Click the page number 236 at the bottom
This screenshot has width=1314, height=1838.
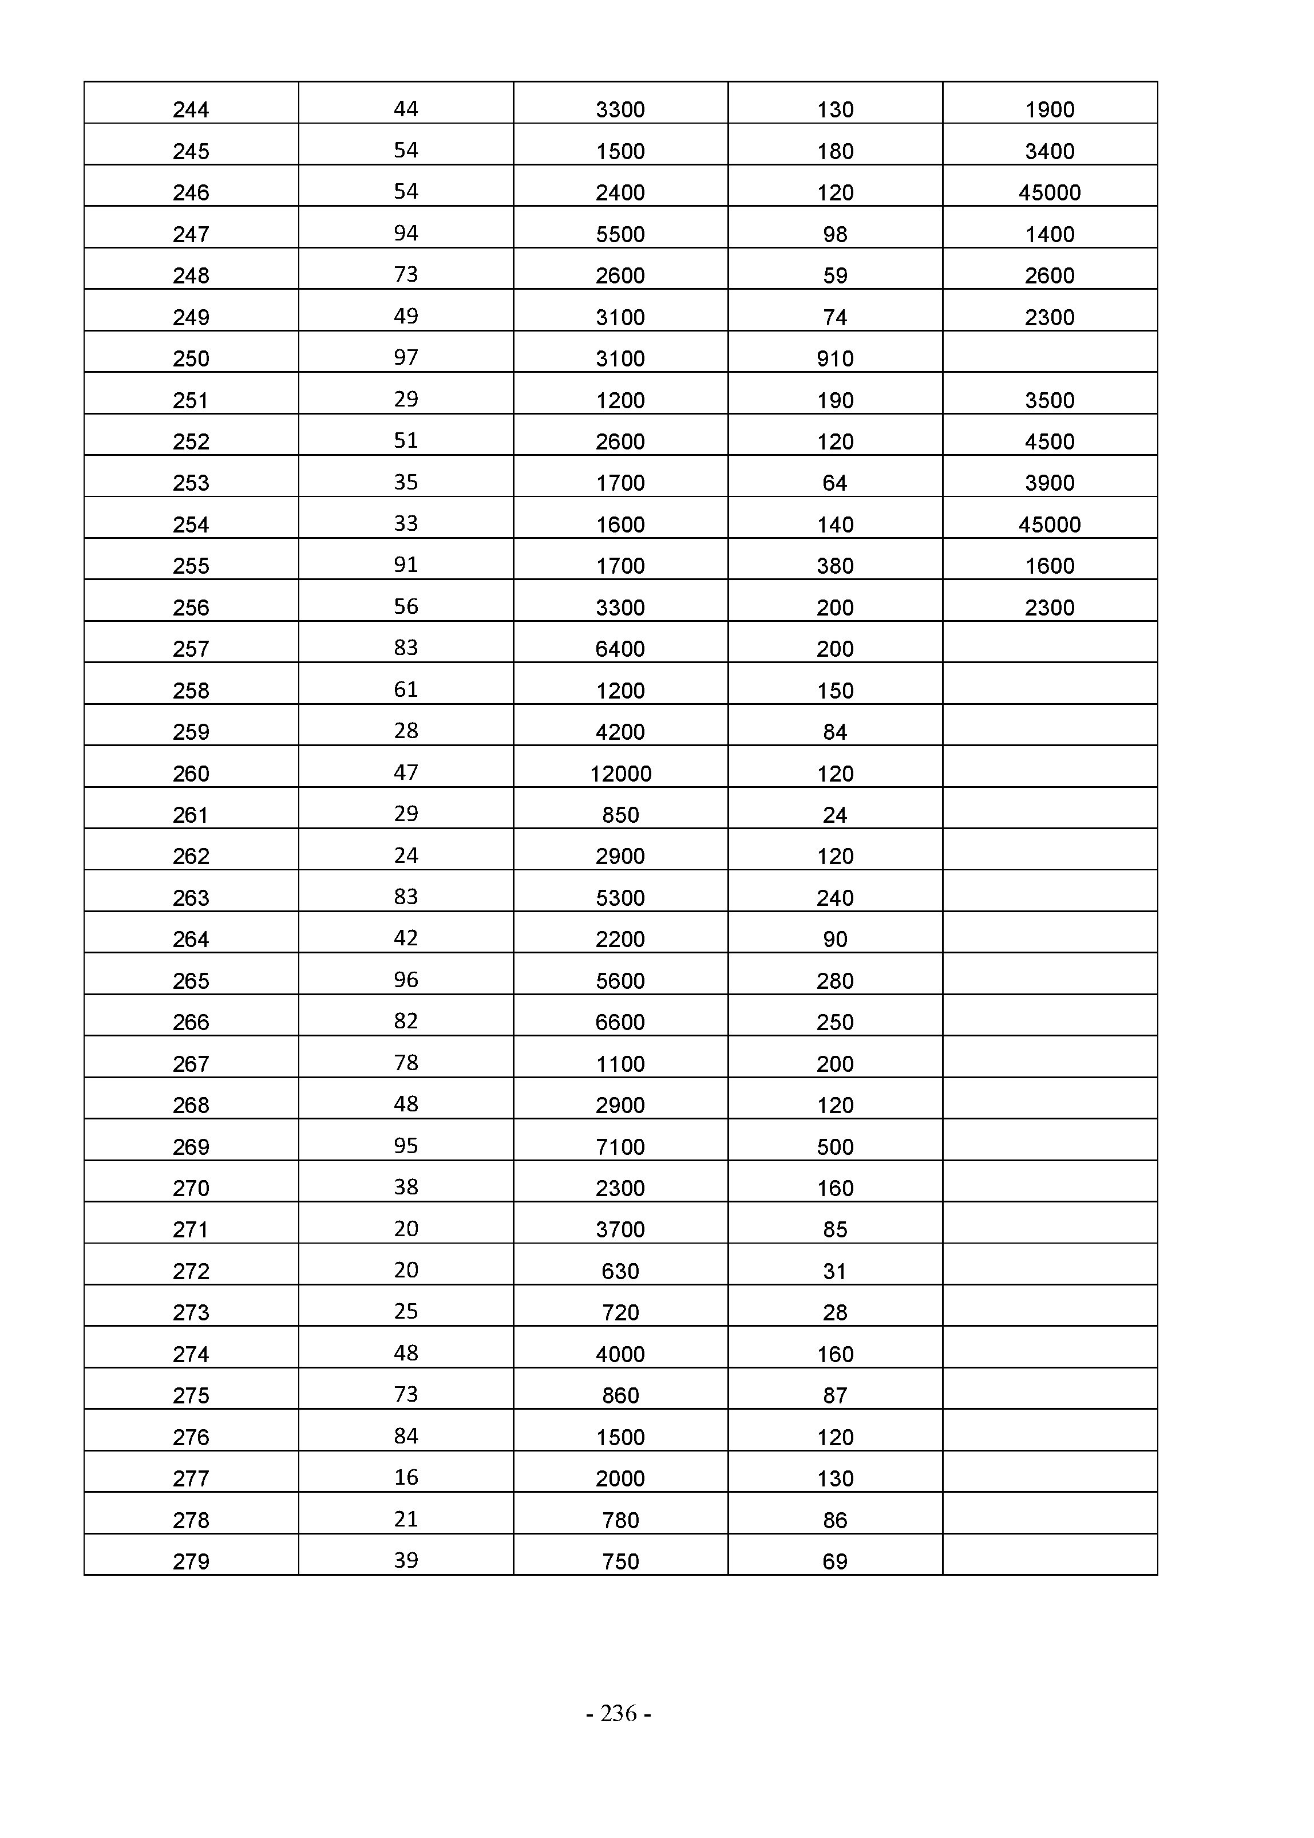[619, 1713]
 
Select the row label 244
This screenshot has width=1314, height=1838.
[191, 110]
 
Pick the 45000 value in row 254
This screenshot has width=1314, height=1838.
[1050, 525]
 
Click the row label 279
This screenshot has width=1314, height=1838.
[191, 1562]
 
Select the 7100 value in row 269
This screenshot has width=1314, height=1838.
[620, 1147]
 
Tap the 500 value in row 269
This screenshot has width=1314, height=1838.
[835, 1147]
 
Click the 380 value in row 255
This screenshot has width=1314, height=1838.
[835, 566]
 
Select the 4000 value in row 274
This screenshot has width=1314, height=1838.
[620, 1355]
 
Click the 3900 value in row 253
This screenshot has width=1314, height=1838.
[1050, 483]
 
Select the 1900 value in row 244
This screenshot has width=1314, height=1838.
[1050, 110]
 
